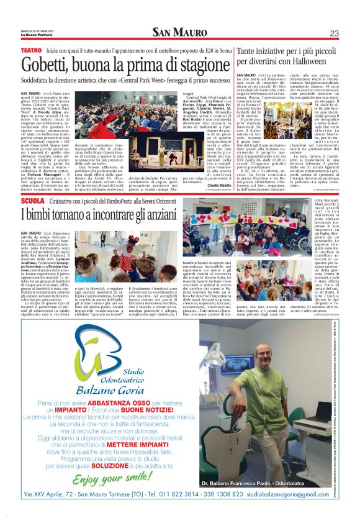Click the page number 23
(334, 33)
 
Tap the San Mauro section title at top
(180, 32)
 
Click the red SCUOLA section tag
(32, 202)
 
